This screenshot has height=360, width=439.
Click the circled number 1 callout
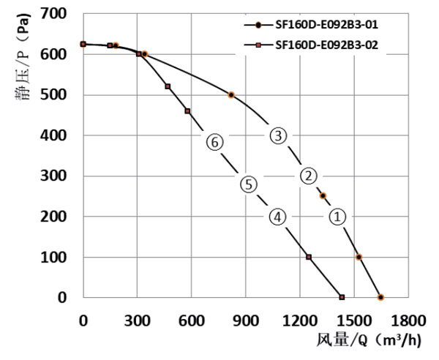(x=337, y=217)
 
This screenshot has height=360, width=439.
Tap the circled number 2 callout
(x=309, y=176)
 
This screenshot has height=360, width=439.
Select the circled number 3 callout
(x=277, y=135)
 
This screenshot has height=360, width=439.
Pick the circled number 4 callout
(x=277, y=217)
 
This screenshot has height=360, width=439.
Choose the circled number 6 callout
(x=214, y=143)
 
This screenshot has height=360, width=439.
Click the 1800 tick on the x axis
(x=408, y=320)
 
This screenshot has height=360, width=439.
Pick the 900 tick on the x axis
(x=246, y=320)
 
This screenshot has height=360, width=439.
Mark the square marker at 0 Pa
(x=342, y=297)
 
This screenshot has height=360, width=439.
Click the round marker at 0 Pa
(x=380, y=297)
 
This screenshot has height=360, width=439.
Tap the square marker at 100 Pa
(x=309, y=257)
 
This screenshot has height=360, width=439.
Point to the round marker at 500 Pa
(x=231, y=95)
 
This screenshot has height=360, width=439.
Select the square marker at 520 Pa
(x=168, y=86)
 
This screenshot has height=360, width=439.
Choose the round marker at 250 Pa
(x=323, y=196)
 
